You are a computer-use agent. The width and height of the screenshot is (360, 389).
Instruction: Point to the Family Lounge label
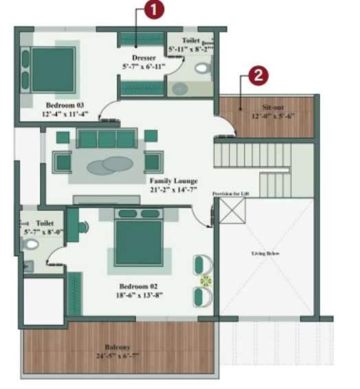pyautogui.click(x=174, y=181)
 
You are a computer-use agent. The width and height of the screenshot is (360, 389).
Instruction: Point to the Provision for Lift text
pyautogui.click(x=231, y=194)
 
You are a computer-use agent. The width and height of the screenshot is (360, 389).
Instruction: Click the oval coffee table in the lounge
pyautogui.click(x=107, y=165)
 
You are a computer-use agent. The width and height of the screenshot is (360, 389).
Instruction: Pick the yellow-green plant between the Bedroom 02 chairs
pyautogui.click(x=203, y=280)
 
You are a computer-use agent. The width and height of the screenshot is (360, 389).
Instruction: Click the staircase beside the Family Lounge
pyautogui.click(x=251, y=165)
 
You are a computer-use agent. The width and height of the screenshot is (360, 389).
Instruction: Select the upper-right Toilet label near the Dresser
pyautogui.click(x=192, y=41)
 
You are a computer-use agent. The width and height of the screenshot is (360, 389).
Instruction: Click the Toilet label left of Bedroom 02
pyautogui.click(x=45, y=223)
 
